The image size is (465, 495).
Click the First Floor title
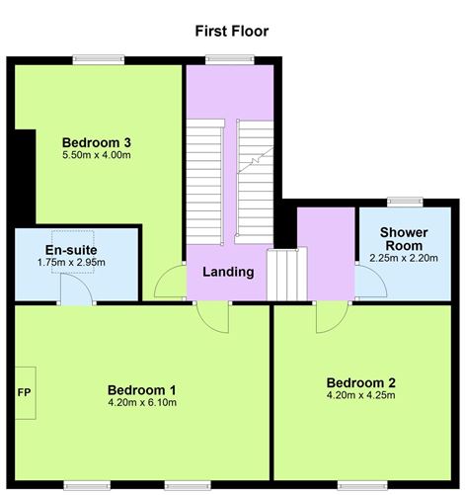pyautogui.click(x=232, y=31)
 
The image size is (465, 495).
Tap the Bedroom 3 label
pyautogui.click(x=96, y=141)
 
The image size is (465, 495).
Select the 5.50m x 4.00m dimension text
pyautogui.click(x=96, y=156)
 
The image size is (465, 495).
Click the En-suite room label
pyautogui.click(x=69, y=249)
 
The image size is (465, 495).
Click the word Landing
pyautogui.click(x=228, y=272)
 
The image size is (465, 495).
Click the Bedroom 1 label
pyautogui.click(x=142, y=388)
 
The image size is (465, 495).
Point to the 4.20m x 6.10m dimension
pyautogui.click(x=142, y=403)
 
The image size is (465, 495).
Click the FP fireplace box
pyautogui.click(x=24, y=390)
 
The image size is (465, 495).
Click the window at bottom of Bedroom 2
pyautogui.click(x=356, y=484)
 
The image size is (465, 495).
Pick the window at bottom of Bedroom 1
pyautogui.click(x=92, y=484)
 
